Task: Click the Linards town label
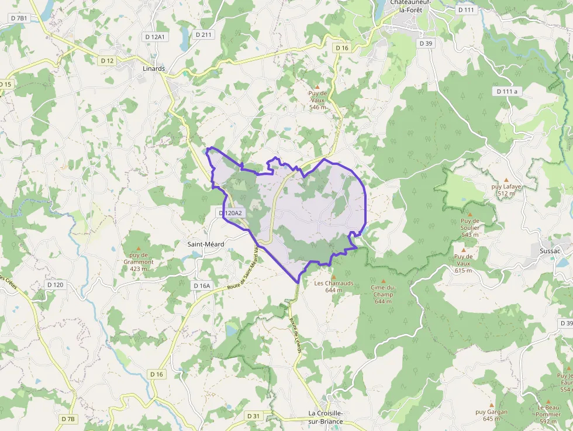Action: point(154,68)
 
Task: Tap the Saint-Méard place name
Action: point(205,244)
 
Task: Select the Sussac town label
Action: point(546,251)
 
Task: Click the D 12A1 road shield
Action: point(156,36)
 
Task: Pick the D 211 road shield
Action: point(203,35)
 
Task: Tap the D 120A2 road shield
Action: point(230,213)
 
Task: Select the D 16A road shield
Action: point(201,285)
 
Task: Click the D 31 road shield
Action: point(253,416)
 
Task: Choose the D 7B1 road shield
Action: point(19,18)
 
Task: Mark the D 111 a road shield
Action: point(507,91)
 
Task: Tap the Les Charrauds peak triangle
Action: point(334,277)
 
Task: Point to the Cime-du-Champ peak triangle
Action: point(384,281)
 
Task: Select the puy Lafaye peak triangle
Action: point(506,180)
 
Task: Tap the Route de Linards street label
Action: point(295,335)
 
